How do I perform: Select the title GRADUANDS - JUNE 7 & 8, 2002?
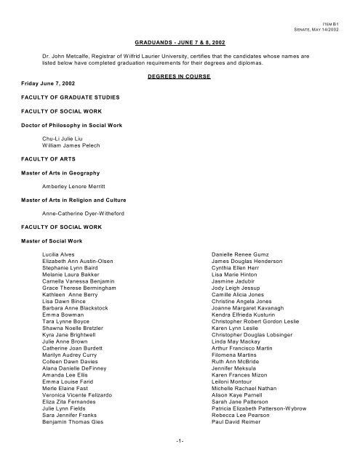tap(180, 44)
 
